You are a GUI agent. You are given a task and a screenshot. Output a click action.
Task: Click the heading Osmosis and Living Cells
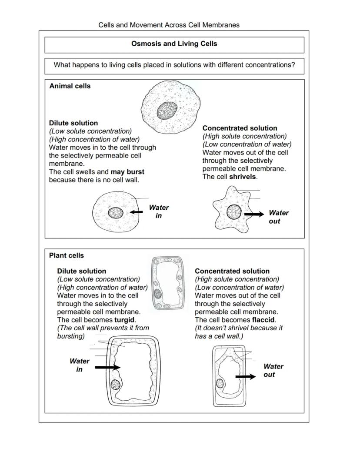[174, 44]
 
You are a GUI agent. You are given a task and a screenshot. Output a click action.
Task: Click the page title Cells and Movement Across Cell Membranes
[169, 25]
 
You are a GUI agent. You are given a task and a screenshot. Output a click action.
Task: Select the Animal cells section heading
[70, 86]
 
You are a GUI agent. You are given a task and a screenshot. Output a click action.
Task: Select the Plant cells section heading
[67, 256]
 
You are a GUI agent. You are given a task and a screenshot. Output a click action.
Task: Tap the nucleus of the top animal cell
[167, 111]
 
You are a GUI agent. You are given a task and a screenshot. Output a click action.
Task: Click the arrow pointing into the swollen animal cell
[137, 212]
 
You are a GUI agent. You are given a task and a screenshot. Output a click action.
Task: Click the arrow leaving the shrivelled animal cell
[254, 214]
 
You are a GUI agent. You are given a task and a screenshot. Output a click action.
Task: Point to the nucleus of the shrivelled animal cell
[234, 212]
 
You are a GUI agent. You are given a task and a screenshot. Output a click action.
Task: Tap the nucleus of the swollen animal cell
[116, 213]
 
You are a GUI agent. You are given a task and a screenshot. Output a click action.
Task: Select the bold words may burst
[127, 172]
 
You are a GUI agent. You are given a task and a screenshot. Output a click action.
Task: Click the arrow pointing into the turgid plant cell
[107, 368]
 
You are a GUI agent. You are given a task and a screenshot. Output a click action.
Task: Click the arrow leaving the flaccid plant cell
[246, 376]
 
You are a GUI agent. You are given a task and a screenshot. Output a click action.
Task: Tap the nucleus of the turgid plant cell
[116, 385]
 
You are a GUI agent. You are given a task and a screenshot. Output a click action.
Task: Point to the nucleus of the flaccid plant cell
[220, 383]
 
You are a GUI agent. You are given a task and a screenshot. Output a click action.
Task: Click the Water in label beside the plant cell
[80, 365]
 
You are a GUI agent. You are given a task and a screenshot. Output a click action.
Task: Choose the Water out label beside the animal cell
[278, 217]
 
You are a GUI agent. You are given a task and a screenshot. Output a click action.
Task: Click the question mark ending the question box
[293, 65]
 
